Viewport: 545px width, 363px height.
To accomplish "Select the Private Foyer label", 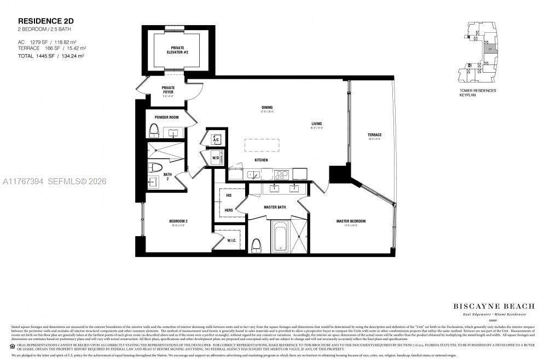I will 168,90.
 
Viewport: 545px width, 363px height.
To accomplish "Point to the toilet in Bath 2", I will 155,168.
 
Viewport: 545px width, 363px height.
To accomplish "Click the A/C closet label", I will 216,139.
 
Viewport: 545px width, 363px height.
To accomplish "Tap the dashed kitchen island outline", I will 262,145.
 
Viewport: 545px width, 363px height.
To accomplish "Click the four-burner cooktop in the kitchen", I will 281,175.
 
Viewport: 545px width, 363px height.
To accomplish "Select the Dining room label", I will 267,108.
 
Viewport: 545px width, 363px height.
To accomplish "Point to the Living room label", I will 316,124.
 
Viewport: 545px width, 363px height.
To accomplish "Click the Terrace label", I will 375,134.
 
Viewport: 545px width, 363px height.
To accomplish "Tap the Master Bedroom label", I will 351,221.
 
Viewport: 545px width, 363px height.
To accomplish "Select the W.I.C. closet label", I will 231,239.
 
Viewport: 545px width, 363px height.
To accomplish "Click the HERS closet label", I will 228,210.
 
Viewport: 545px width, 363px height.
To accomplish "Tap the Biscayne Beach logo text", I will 489,306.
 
